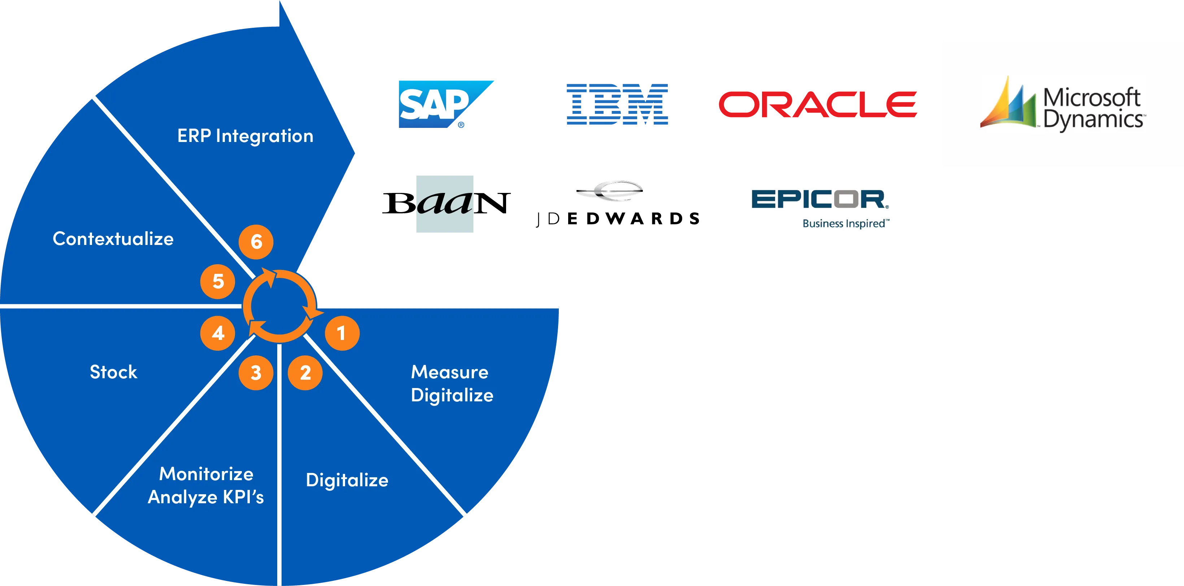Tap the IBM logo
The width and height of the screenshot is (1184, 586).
617,105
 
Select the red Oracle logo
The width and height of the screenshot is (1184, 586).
818,104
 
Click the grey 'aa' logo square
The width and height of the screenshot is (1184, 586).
444,203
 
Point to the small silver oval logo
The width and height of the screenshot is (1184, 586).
609,190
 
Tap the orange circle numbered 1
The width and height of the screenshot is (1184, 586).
342,333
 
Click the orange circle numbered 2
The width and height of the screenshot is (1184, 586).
305,372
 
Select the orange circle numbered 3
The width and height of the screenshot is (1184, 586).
256,372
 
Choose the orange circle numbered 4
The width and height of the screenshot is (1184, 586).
218,333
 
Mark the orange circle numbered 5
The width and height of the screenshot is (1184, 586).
218,281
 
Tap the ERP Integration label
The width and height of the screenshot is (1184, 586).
245,136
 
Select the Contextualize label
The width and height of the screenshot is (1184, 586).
113,239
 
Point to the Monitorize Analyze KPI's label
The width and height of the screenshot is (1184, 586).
206,485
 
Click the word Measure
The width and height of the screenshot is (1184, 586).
449,372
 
